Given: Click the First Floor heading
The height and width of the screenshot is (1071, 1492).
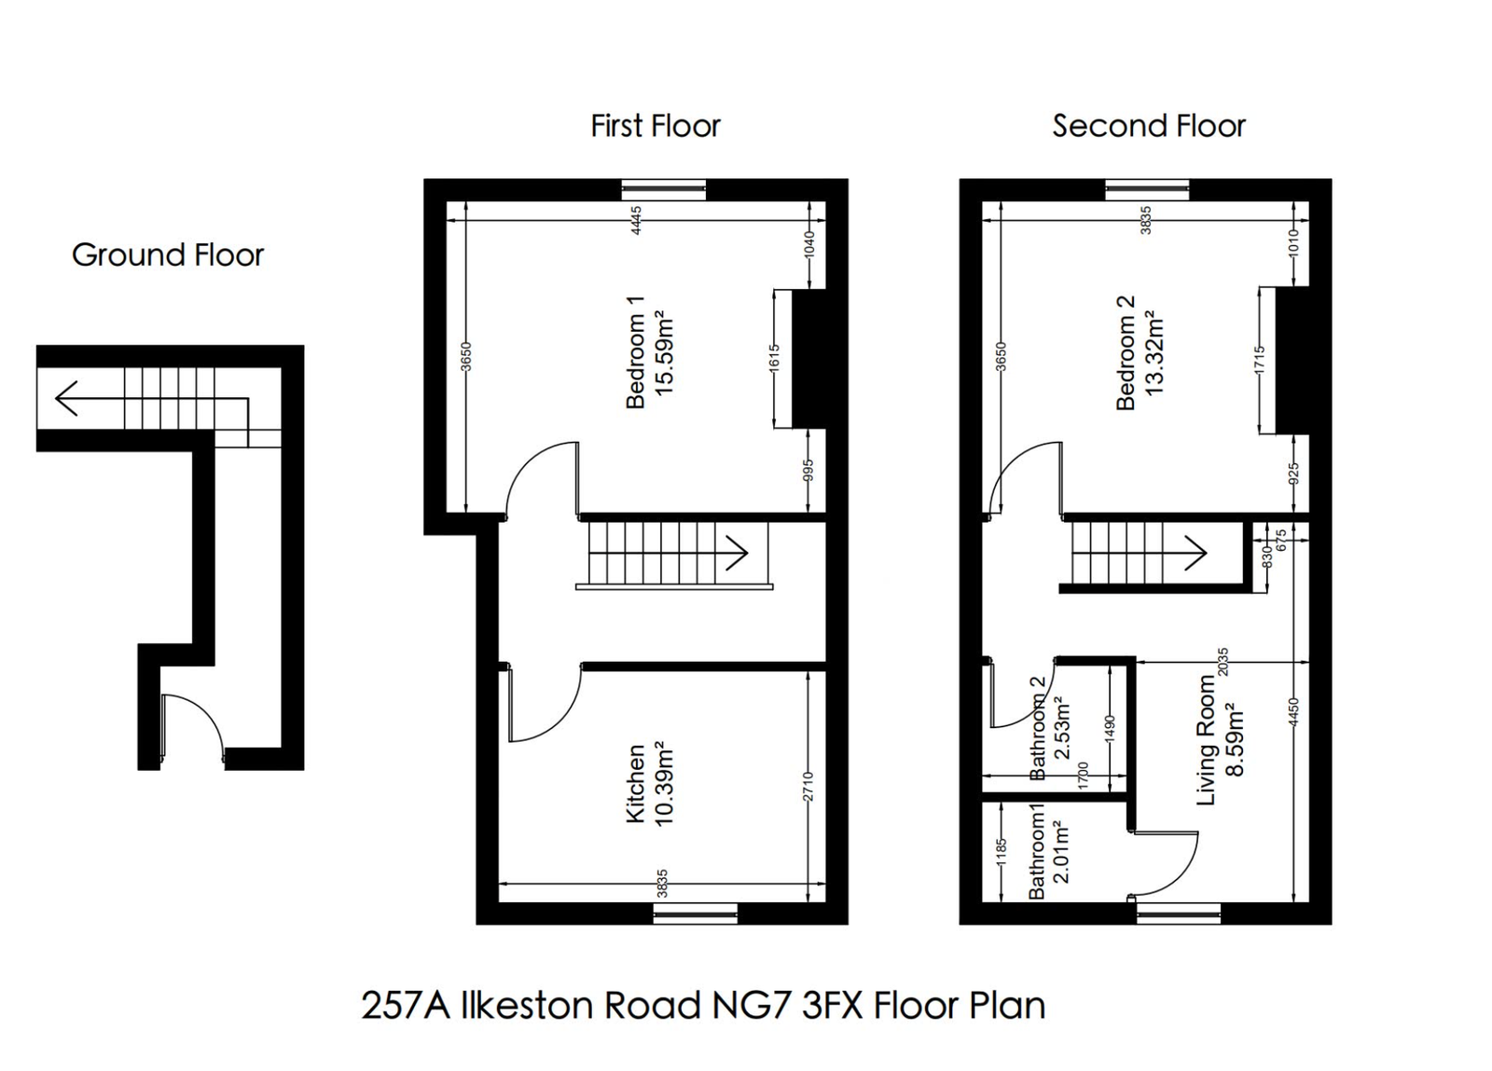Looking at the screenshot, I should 655,126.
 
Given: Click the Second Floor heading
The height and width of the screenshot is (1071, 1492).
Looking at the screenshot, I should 1148,126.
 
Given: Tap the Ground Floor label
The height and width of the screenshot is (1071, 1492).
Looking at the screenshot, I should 168,254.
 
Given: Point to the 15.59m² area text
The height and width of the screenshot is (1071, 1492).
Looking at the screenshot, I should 664,354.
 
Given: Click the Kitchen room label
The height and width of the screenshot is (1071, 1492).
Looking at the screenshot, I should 636,783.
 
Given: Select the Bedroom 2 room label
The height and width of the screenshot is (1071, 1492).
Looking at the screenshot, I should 1126,352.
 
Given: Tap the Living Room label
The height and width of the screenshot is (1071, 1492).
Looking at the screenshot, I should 1207,740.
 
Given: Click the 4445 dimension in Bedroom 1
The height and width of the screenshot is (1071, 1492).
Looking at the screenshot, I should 637,220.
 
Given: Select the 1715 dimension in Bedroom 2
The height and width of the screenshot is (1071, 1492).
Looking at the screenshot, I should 1260,361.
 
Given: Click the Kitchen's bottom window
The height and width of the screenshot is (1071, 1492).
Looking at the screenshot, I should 696,914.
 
